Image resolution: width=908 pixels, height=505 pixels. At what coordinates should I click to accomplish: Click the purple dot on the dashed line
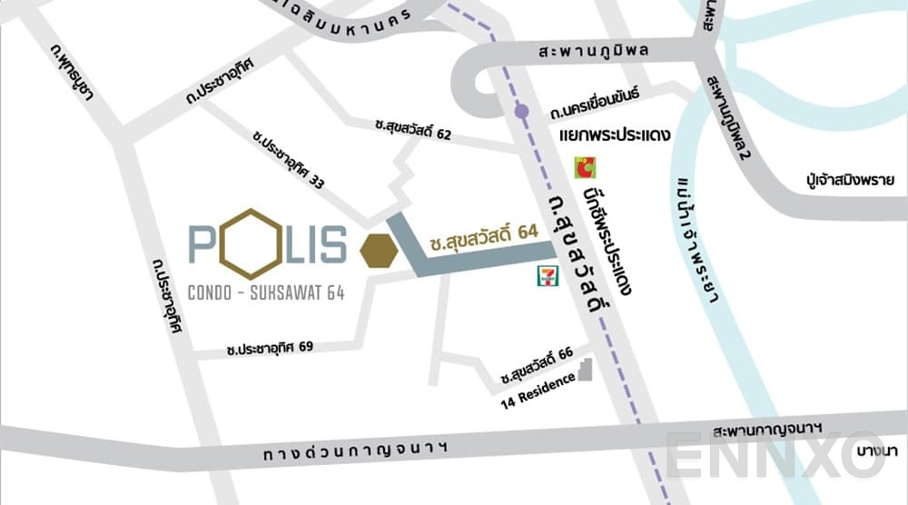(520, 112)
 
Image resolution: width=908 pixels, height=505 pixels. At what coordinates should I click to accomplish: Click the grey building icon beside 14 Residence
(586, 370)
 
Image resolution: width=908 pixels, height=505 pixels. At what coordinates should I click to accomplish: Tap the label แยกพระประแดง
(615, 137)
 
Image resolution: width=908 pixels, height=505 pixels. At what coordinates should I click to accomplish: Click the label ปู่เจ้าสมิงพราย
(850, 180)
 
